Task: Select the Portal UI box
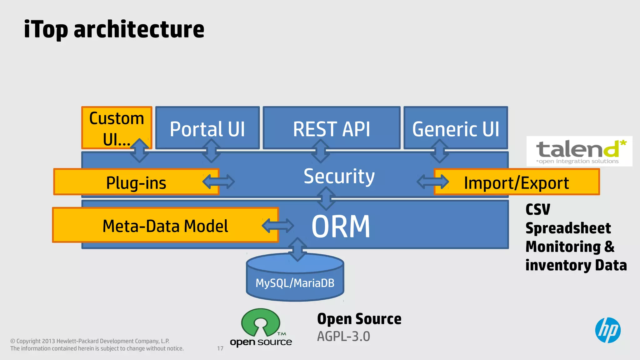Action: (207, 128)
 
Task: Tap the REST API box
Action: (331, 128)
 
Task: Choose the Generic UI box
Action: (455, 128)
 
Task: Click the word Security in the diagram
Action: (339, 176)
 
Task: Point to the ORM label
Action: (341, 226)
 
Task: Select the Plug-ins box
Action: (136, 182)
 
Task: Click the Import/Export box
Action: (516, 182)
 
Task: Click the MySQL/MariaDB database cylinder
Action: (295, 282)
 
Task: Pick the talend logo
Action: (579, 151)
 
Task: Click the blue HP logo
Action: (607, 330)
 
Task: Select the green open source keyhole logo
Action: (260, 323)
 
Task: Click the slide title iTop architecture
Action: (114, 29)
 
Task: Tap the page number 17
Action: (220, 348)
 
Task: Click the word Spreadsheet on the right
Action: (568, 228)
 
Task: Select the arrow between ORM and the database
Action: (297, 249)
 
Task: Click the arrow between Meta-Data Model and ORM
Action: (278, 226)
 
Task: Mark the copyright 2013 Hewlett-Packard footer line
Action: (90, 341)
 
